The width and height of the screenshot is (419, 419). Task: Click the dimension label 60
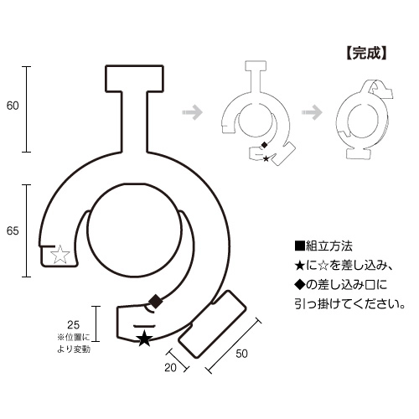tap(13, 106)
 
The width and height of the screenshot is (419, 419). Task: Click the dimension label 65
tap(13, 231)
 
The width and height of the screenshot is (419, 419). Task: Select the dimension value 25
tap(74, 325)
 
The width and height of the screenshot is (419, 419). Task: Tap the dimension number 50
tap(241, 354)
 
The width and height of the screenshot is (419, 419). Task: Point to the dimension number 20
tap(170, 368)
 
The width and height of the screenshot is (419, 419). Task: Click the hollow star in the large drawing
tap(60, 255)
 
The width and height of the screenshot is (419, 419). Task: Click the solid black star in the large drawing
tap(144, 338)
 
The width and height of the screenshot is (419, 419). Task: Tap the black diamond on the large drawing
tap(156, 301)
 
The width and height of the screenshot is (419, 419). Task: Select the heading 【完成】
tap(366, 53)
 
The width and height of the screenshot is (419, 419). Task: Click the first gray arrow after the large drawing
tap(192, 112)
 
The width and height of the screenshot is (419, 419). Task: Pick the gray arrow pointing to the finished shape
tap(312, 112)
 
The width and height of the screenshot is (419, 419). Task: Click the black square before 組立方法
tap(299, 246)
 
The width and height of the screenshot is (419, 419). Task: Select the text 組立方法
tap(329, 246)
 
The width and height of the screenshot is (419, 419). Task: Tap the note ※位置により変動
tap(74, 344)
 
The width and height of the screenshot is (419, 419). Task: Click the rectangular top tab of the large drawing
tap(134, 78)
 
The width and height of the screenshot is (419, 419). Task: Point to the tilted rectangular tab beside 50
tap(212, 324)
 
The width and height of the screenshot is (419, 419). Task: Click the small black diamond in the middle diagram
tap(264, 145)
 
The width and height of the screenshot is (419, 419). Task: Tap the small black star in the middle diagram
tap(266, 158)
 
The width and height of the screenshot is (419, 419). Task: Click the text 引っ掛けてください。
tap(349, 304)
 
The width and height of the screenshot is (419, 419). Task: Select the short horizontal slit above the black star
tap(144, 326)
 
